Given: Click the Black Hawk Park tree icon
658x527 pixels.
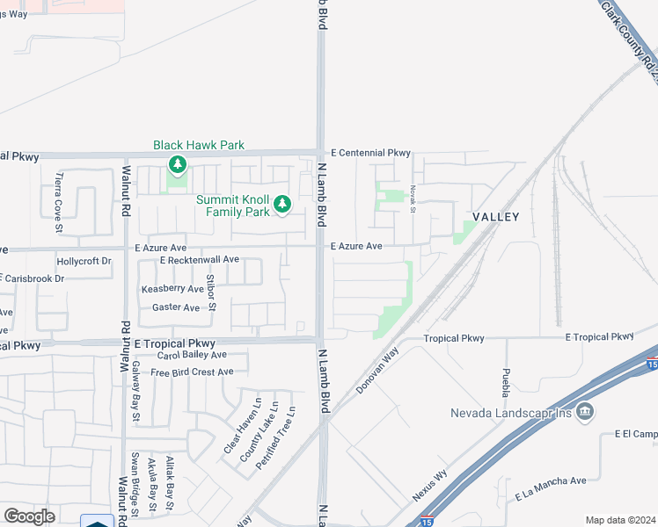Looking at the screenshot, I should tap(178, 164).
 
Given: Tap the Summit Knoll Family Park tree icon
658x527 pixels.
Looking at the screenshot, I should tap(282, 206).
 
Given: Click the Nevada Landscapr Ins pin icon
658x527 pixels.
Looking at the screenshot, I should tap(586, 413).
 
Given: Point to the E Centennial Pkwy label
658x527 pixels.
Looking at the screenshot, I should tap(371, 153).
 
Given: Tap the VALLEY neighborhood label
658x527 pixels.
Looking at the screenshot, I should tap(496, 216).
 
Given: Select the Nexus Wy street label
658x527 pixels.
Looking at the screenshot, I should tap(430, 486).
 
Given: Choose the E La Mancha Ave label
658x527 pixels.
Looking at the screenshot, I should tap(551, 481).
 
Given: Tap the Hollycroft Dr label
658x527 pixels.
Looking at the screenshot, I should tap(84, 262).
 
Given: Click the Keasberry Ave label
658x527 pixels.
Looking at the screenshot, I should tap(172, 289).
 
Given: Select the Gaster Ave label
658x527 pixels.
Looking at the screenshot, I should tap(176, 307).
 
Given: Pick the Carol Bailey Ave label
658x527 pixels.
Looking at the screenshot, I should tap(192, 356).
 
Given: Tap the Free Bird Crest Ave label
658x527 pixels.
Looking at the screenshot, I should tap(192, 372).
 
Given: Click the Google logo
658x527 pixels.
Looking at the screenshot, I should tap(29, 516).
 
